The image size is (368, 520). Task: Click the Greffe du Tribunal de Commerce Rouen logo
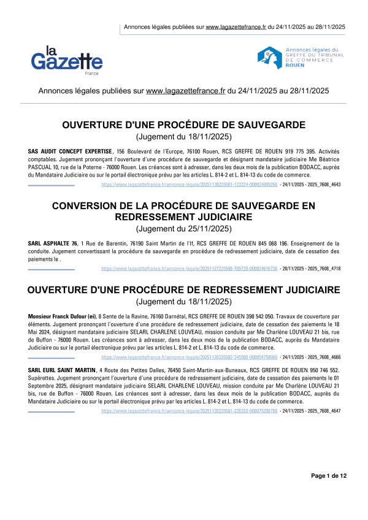pyautogui.click(x=300, y=57)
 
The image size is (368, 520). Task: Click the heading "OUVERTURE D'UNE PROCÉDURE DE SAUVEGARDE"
pyautogui.click(x=184, y=125)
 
